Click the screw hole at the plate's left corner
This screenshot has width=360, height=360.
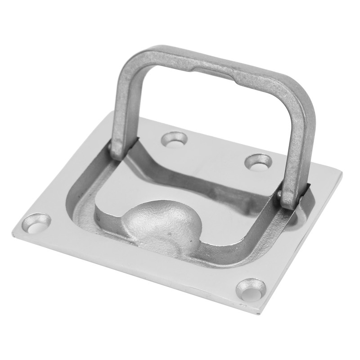37,223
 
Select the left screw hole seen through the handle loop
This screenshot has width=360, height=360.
175,139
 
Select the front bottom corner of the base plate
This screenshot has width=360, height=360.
257,313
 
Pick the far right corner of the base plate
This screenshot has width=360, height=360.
341,172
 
